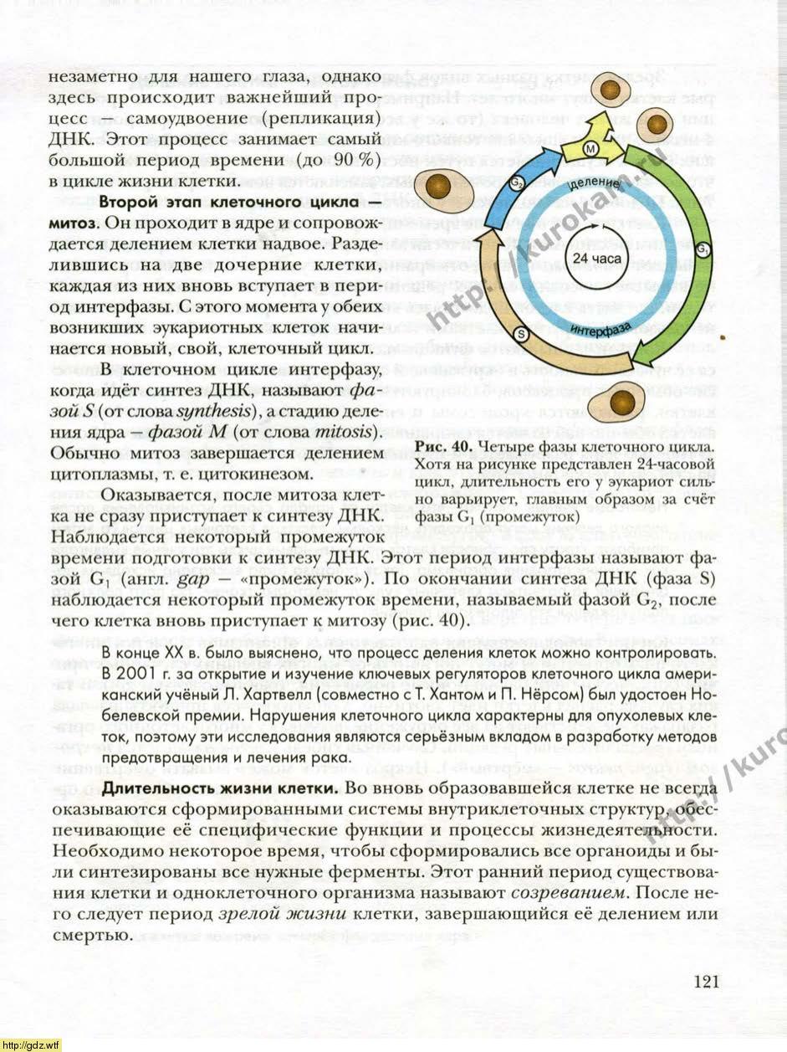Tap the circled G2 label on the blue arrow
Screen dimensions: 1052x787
[519, 182]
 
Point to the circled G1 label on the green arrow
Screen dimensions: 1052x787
[703, 249]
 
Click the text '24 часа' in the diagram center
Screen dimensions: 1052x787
[597, 259]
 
